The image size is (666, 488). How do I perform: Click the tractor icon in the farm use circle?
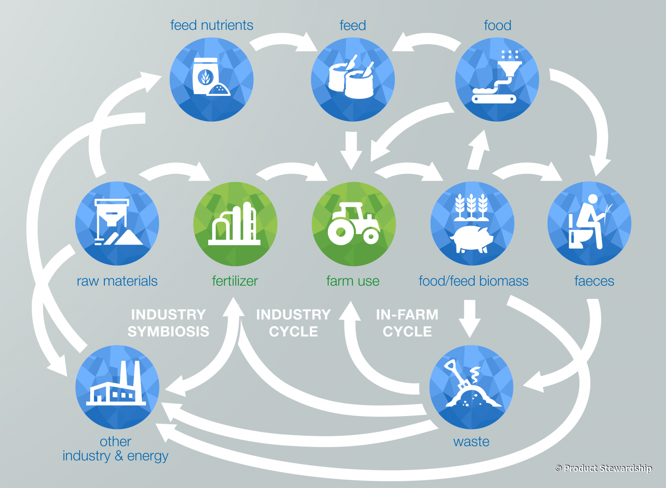pos(353,224)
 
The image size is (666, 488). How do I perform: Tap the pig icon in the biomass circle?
pos(472,238)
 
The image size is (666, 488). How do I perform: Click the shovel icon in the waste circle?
pos(471,386)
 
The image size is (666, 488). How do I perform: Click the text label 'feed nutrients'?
pos(212,25)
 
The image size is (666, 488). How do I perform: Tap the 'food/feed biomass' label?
pos(473,281)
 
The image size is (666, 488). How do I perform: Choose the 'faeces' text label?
pos(594,281)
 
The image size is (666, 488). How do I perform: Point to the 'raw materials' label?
pos(117,281)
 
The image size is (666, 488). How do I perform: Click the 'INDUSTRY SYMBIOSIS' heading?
pos(168,323)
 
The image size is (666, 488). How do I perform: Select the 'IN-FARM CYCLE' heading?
pos(407,323)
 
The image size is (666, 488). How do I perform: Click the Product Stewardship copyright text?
pos(604,468)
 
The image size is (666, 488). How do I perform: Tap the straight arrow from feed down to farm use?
pos(351,150)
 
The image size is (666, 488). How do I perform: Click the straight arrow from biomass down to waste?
pos(470,317)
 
